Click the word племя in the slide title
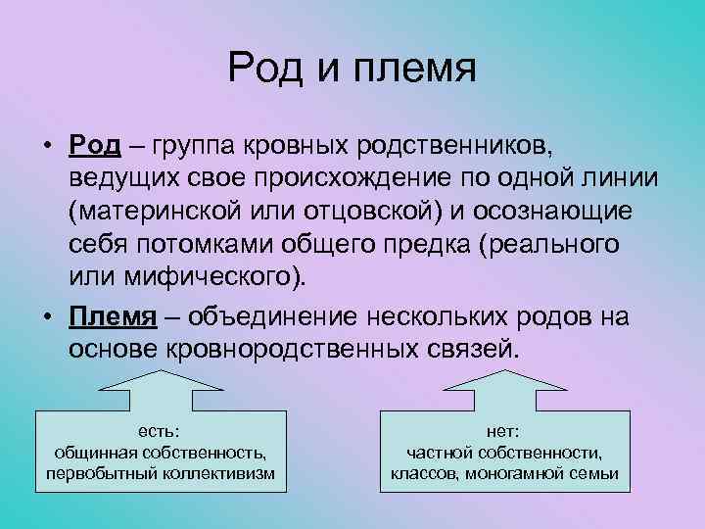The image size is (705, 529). tap(418, 71)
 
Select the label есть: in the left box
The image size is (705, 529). tap(160, 430)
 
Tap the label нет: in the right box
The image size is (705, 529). tap(504, 430)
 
